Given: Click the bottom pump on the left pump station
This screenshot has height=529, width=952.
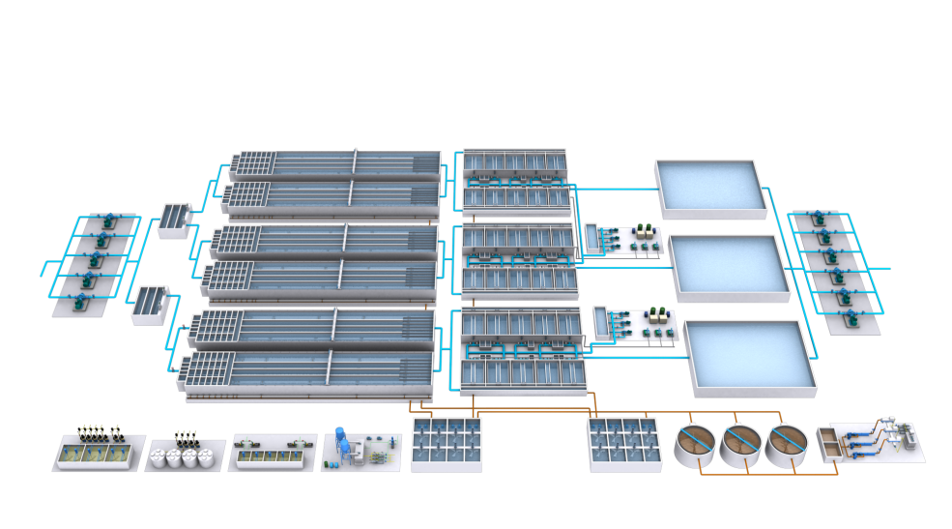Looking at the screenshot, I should [76, 301].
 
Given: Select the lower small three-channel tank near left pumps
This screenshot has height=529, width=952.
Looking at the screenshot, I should [149, 304].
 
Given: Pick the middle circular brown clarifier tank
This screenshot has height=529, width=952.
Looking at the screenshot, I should [742, 445].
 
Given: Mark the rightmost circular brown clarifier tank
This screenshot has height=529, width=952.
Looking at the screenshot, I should [788, 445].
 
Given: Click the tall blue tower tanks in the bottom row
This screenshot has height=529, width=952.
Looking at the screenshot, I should [340, 440].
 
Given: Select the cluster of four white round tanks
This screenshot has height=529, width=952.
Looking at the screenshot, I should [183, 457].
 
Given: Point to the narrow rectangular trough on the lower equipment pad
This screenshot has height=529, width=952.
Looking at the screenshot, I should [602, 322].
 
